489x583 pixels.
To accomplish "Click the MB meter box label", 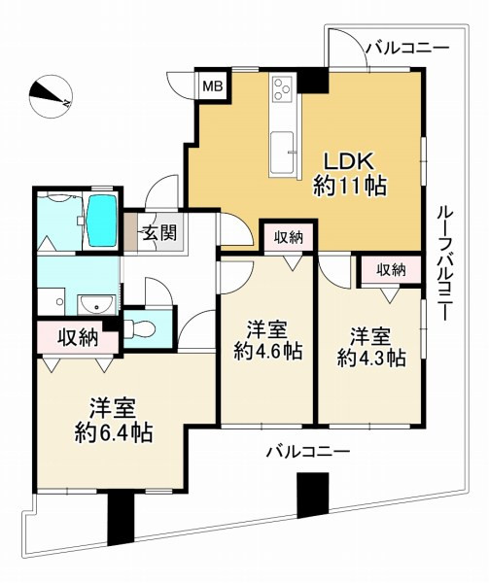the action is click(x=212, y=86).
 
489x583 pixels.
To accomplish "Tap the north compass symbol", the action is click(x=51, y=96).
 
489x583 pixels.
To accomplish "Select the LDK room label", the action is click(x=349, y=162).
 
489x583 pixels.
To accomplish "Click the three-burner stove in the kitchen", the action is click(x=282, y=88).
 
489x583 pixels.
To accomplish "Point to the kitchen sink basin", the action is click(x=283, y=153).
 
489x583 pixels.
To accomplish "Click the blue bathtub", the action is click(x=102, y=221).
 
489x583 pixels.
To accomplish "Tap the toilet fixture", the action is click(x=139, y=328).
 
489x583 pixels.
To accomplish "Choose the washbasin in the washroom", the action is click(x=96, y=304).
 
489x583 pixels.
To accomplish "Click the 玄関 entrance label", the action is click(x=159, y=233).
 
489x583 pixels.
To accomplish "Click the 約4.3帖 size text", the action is click(x=371, y=358).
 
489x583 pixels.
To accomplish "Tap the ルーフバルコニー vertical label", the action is click(x=444, y=263).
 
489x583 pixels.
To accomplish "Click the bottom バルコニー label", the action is click(x=308, y=453).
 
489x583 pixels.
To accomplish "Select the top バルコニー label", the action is click(x=407, y=49).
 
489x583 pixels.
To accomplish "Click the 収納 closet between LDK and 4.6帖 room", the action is click(x=289, y=238).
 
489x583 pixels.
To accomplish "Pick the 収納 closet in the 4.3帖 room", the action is click(x=391, y=270).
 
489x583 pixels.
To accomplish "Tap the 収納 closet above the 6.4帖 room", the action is click(x=78, y=338).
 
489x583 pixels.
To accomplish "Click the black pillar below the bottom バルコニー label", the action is click(x=313, y=495).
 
